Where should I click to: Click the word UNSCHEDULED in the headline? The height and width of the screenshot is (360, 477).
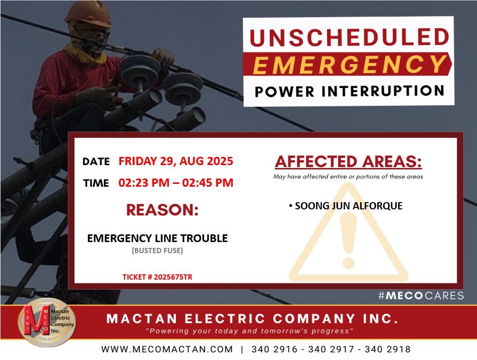click(x=349, y=37)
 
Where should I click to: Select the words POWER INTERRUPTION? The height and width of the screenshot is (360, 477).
click(x=350, y=91)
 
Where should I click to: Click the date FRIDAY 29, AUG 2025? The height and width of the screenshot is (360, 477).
click(x=176, y=161)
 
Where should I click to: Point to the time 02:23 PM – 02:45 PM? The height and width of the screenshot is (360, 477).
click(x=176, y=183)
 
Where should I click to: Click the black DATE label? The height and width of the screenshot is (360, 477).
click(x=96, y=161)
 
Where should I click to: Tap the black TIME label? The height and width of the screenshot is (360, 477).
click(x=96, y=183)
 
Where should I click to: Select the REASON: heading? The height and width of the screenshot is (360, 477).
click(x=163, y=210)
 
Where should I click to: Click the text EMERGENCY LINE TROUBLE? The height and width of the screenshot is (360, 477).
click(x=158, y=238)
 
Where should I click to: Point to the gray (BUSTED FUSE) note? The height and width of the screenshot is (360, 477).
click(x=158, y=251)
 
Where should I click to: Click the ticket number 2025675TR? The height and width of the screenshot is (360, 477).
click(x=173, y=277)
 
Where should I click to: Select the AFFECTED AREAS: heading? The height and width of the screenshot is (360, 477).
click(x=348, y=161)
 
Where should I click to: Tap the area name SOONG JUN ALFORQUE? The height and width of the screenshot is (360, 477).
click(x=349, y=206)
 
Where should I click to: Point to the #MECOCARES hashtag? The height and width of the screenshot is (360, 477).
click(x=421, y=296)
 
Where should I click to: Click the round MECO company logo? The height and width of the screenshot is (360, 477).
click(x=47, y=322)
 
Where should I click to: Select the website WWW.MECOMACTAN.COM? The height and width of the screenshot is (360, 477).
click(x=167, y=349)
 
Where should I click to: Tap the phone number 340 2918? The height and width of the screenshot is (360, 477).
click(x=388, y=349)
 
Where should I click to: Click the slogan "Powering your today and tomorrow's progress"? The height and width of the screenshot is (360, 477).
click(x=250, y=331)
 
